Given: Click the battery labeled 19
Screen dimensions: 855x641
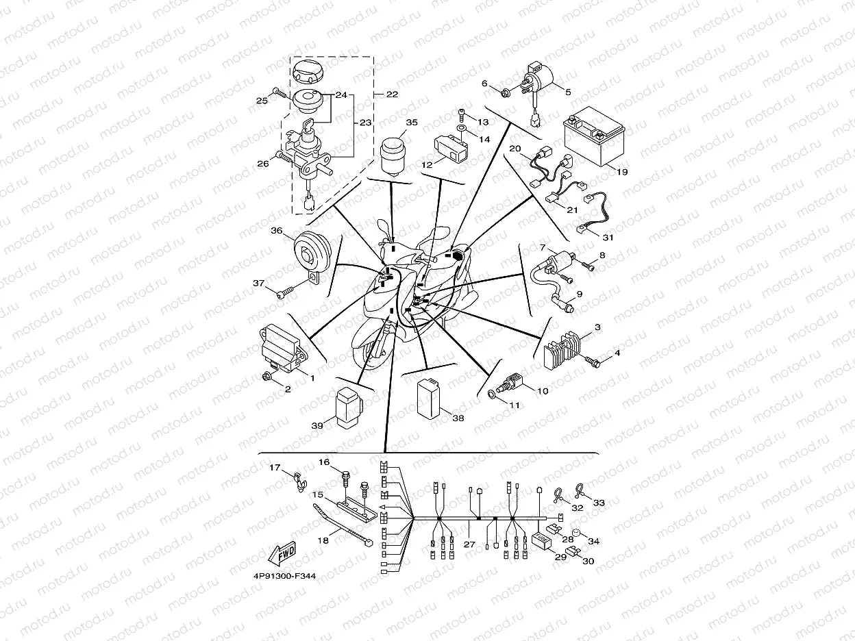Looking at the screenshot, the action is point(593,136).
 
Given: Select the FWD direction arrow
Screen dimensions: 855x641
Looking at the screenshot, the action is point(282,553).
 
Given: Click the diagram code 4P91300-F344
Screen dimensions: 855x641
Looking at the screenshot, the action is point(284,576).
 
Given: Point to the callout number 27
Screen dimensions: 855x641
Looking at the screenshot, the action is point(469,544).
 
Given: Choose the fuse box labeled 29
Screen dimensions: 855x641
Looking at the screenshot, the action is point(541,540).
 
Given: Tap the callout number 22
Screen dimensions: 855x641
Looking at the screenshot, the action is point(392,95).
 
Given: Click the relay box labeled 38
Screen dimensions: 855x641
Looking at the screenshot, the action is point(430,399).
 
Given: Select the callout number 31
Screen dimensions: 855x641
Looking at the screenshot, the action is point(608,238).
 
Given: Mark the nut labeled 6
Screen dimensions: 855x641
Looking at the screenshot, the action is point(506,93).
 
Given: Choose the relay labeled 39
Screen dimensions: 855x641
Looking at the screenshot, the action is point(349,407).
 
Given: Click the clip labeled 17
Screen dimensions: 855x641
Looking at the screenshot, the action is point(299,481).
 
